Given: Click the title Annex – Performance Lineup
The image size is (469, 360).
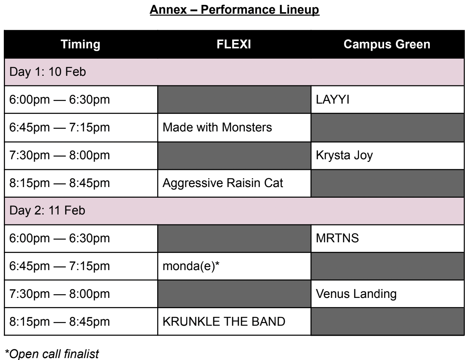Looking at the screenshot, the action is pyautogui.click(x=234, y=10).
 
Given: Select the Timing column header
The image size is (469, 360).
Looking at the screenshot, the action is pyautogui.click(x=80, y=44).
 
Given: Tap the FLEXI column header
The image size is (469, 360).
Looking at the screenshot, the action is pyautogui.click(x=234, y=44).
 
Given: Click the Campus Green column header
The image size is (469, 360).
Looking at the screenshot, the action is pyautogui.click(x=387, y=44).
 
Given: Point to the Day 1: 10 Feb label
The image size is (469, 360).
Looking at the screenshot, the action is pyautogui.click(x=48, y=72).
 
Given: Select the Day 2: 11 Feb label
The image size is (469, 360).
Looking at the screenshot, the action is pyautogui.click(x=47, y=210).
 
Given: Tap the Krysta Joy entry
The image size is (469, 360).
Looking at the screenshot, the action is pyautogui.click(x=344, y=155).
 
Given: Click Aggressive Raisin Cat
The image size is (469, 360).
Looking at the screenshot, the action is pyautogui.click(x=223, y=183).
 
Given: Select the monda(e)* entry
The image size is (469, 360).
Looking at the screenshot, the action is pyautogui.click(x=191, y=266).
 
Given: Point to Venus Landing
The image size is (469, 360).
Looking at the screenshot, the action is pyautogui.click(x=356, y=294).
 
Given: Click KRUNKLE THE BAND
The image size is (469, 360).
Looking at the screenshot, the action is pyautogui.click(x=224, y=322).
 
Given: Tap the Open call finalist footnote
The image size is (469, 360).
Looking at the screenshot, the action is pyautogui.click(x=52, y=354).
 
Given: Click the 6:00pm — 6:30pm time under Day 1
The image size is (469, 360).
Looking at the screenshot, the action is pyautogui.click(x=59, y=99).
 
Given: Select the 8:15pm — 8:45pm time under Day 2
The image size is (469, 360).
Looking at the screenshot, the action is pyautogui.click(x=59, y=322).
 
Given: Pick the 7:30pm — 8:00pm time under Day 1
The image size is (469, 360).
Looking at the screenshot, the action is pyautogui.click(x=59, y=155).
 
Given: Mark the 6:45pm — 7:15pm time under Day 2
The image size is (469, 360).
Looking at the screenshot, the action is pyautogui.click(x=59, y=266).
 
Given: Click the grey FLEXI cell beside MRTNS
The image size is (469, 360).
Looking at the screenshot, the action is pyautogui.click(x=234, y=238).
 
